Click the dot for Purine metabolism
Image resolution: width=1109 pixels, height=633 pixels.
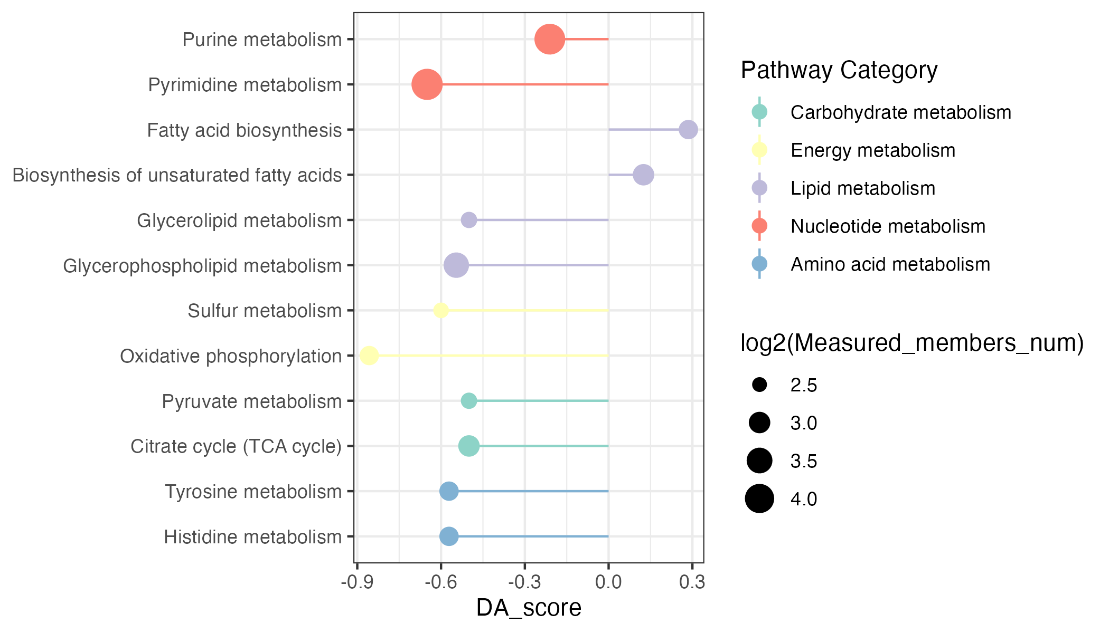(x=550, y=39)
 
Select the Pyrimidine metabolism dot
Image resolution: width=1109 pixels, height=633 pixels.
(x=427, y=84)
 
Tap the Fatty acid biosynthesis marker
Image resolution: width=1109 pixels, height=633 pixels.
(x=688, y=129)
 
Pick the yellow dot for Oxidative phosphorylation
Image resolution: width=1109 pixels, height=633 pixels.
(x=369, y=356)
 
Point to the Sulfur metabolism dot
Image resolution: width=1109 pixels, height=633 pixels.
(x=441, y=310)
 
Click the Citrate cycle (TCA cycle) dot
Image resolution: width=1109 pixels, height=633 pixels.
(x=468, y=446)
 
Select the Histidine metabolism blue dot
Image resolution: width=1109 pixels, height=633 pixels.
(x=449, y=536)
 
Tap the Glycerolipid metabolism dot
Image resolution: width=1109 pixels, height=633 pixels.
(x=468, y=220)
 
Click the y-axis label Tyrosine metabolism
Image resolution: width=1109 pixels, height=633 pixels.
(x=253, y=492)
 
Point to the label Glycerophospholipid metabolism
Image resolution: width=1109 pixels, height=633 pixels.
(x=202, y=266)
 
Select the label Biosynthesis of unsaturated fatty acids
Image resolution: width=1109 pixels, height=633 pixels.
(x=177, y=175)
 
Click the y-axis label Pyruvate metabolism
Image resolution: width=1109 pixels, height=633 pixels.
(x=251, y=401)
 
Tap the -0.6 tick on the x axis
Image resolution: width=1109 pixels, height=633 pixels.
(x=441, y=582)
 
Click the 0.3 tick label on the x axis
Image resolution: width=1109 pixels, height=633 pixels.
(x=692, y=582)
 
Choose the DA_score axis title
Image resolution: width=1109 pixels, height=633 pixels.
(x=529, y=608)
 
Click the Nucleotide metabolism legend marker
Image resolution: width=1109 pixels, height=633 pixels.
(x=759, y=226)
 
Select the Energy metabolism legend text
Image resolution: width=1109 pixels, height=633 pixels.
(x=873, y=150)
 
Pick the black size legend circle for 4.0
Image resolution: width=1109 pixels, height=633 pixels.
(x=759, y=498)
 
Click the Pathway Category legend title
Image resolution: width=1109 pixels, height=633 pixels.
(x=839, y=70)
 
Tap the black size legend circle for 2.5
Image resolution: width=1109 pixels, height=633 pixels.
(x=759, y=385)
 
